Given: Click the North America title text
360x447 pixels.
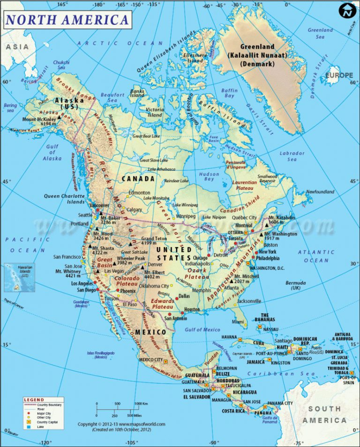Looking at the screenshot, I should tap(67, 19).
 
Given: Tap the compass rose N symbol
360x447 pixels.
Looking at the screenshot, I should tap(347, 11).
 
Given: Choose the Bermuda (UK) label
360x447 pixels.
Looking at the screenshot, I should tap(296, 285).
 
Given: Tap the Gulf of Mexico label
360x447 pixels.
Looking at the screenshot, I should tap(202, 330).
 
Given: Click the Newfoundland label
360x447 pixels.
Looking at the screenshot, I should tap(320, 192).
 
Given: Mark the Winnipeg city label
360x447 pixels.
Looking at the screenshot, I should tap(185, 216).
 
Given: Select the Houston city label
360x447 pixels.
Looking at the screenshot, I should tap(192, 310).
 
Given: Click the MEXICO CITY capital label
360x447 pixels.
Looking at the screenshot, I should tap(150, 360).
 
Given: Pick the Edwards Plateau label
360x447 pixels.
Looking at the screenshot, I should tap(163, 304).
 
